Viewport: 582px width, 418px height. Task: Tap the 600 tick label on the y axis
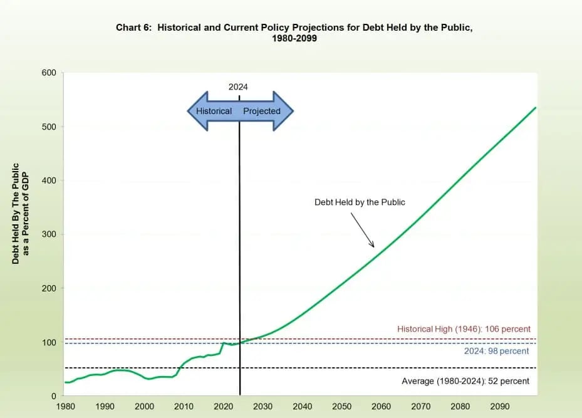pyautogui.click(x=49, y=73)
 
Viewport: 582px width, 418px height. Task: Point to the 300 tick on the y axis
pyautogui.click(x=49, y=234)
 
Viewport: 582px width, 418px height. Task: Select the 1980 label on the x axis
pyautogui.click(x=65, y=406)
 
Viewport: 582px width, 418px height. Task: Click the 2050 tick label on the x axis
pyautogui.click(x=341, y=406)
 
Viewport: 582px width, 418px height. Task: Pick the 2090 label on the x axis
pyautogui.click(x=499, y=406)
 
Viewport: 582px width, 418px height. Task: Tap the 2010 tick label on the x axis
pyautogui.click(x=184, y=406)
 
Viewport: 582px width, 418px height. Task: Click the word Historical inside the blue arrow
pyautogui.click(x=214, y=111)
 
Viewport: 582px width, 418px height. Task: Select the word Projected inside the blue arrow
pyautogui.click(x=262, y=111)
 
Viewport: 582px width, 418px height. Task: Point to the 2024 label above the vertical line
pyautogui.click(x=238, y=87)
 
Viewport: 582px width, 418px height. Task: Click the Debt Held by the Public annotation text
pyautogui.click(x=360, y=202)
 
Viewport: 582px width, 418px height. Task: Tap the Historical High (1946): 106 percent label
pyautogui.click(x=464, y=329)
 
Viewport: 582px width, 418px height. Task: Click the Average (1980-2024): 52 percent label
pyautogui.click(x=465, y=381)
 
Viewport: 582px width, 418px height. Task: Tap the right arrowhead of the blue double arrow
pyautogui.click(x=286, y=111)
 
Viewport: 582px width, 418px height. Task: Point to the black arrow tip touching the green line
pyautogui.click(x=373, y=246)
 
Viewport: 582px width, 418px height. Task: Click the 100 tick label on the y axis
pyautogui.click(x=49, y=342)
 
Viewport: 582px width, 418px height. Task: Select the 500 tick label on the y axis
pyautogui.click(x=49, y=127)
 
